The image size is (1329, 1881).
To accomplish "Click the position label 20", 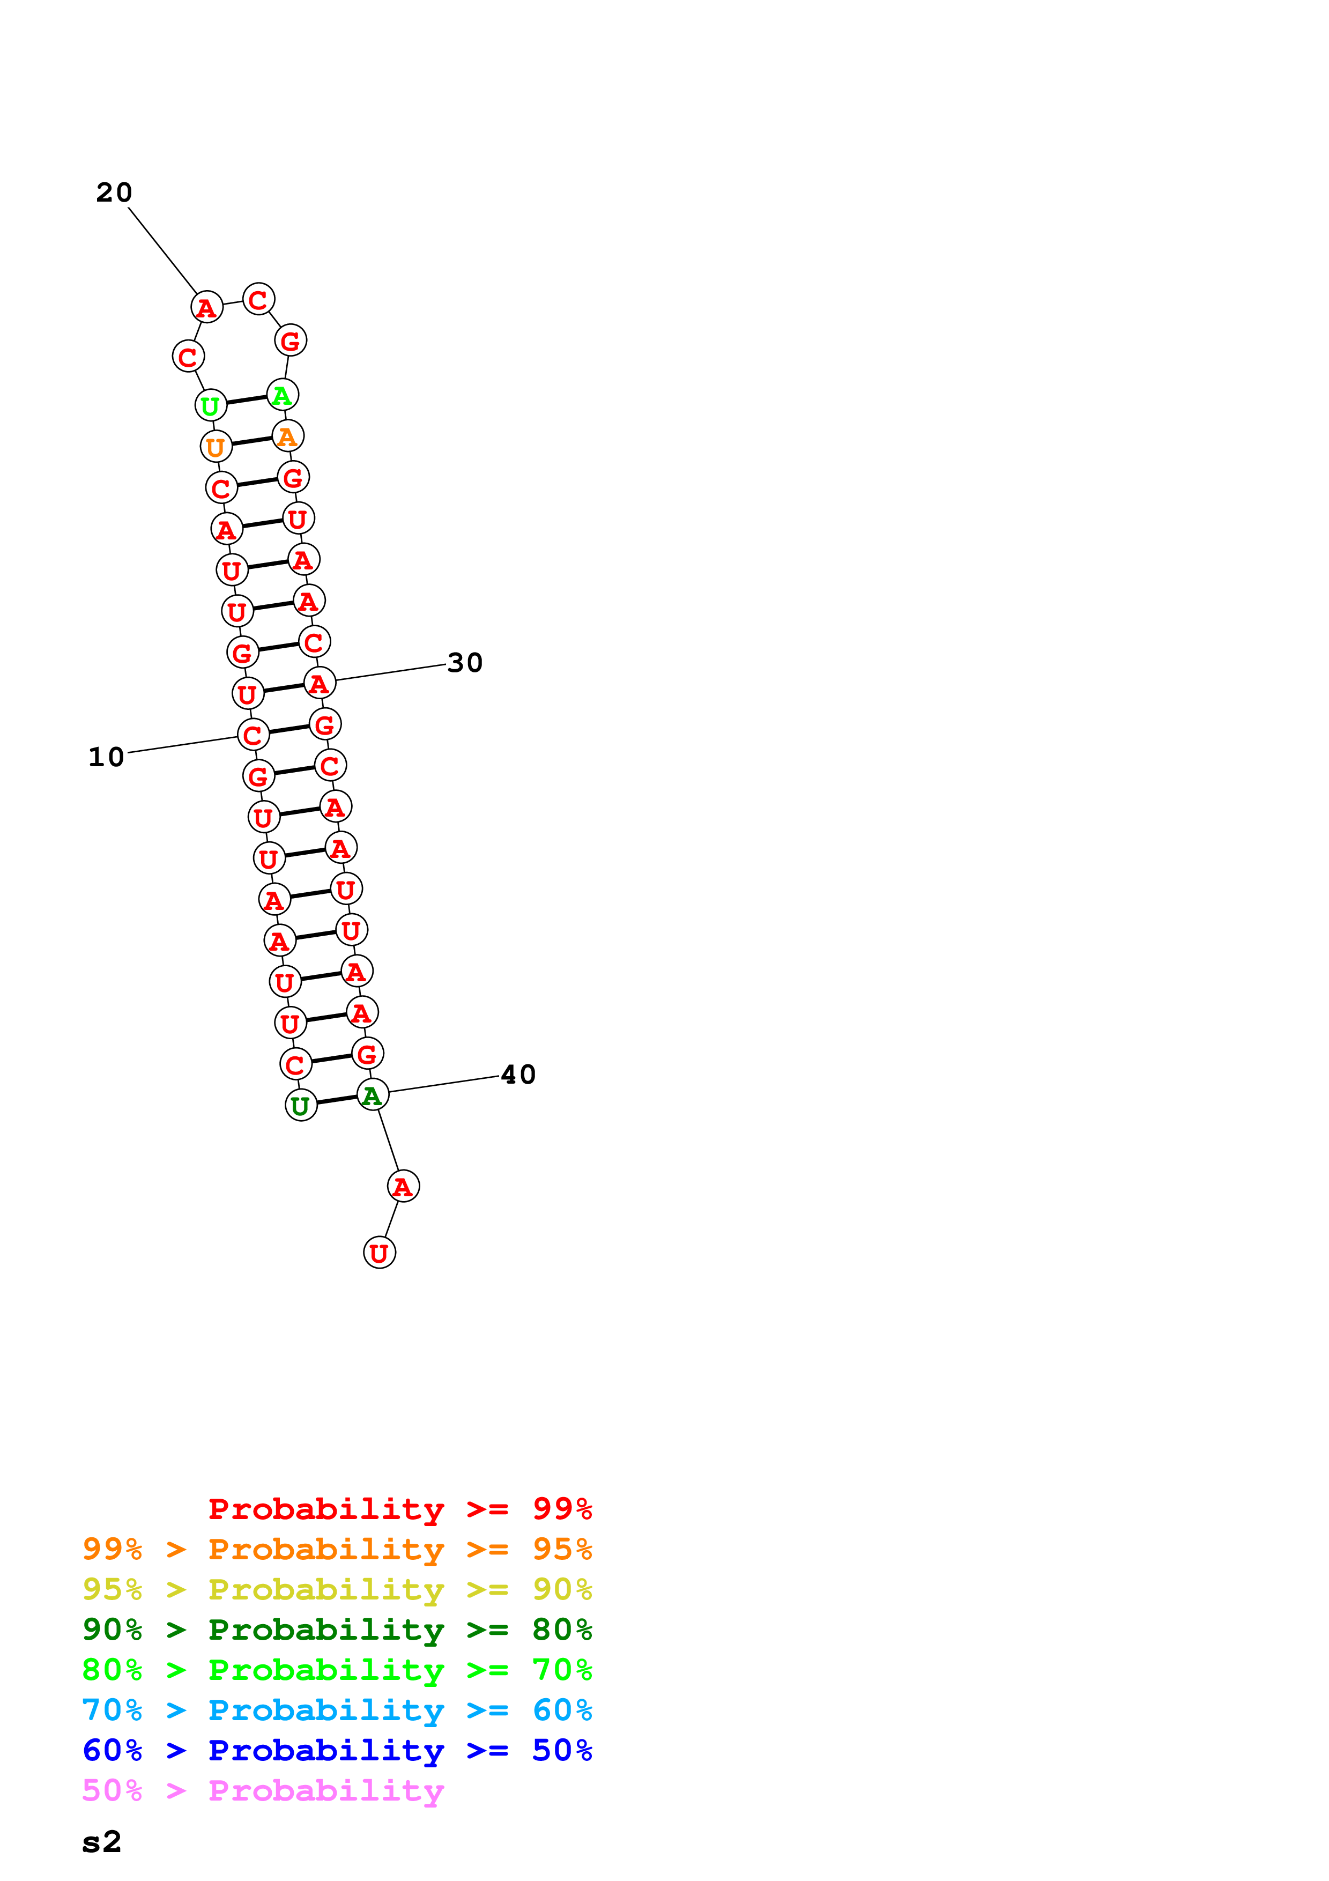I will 114,192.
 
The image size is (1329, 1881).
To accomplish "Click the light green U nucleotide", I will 211,405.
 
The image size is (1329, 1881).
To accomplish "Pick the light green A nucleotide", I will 283,395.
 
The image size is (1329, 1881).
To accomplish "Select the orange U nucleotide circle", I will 216,447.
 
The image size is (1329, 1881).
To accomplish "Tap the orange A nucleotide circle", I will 287,436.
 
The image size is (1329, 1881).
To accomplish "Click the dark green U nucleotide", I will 301,1105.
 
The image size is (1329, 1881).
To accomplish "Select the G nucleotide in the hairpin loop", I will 291,341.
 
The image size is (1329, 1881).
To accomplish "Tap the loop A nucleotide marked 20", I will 206,307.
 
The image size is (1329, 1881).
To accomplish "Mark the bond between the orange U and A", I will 251,442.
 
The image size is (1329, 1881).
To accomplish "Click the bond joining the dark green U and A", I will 337,1100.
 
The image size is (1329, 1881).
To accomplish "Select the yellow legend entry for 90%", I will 337,1589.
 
